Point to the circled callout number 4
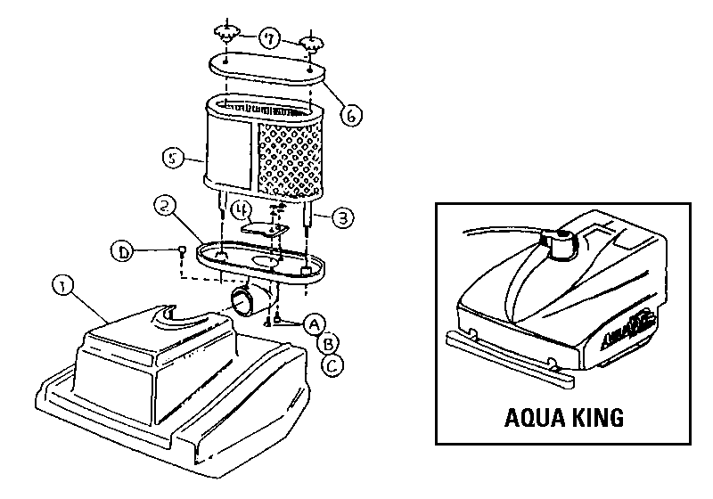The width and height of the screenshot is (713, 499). [241, 210]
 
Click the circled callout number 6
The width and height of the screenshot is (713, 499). [352, 116]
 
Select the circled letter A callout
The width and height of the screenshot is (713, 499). [313, 323]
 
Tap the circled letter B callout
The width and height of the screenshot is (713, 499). [328, 342]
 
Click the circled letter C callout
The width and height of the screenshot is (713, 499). [332, 364]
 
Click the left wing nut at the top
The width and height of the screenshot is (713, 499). [226, 35]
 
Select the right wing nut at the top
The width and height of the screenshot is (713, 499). [312, 41]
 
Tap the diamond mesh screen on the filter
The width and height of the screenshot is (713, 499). [289, 157]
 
